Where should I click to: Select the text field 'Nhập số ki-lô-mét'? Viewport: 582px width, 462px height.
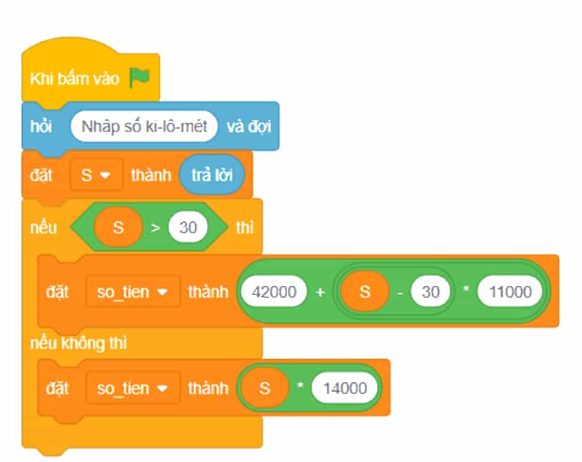(x=144, y=127)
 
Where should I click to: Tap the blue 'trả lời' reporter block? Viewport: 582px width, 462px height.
(x=212, y=175)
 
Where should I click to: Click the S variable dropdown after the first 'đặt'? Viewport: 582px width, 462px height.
(x=97, y=175)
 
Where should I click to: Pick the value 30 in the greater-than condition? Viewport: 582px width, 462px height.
(x=188, y=227)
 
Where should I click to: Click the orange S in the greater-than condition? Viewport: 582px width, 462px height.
(x=118, y=227)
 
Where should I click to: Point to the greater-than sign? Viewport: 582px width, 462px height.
(x=155, y=227)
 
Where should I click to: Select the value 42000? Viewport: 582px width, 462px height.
(x=274, y=291)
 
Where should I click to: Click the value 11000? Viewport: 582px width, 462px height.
(x=510, y=291)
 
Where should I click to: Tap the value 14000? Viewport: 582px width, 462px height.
(x=345, y=389)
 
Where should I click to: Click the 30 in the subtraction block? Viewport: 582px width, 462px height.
(x=430, y=291)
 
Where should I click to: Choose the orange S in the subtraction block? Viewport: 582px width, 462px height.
(x=365, y=291)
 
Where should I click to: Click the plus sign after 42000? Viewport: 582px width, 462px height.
(x=320, y=292)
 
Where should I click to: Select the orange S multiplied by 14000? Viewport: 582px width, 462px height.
(x=264, y=389)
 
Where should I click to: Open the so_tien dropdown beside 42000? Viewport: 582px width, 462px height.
(x=133, y=292)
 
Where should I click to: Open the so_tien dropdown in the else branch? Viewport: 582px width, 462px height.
(x=133, y=389)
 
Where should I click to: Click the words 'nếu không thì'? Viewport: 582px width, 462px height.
(x=78, y=343)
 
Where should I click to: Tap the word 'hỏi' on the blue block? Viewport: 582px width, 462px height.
(x=41, y=127)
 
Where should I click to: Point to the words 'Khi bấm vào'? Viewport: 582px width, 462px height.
(x=75, y=79)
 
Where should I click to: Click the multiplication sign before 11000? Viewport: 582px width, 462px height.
(x=465, y=289)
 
